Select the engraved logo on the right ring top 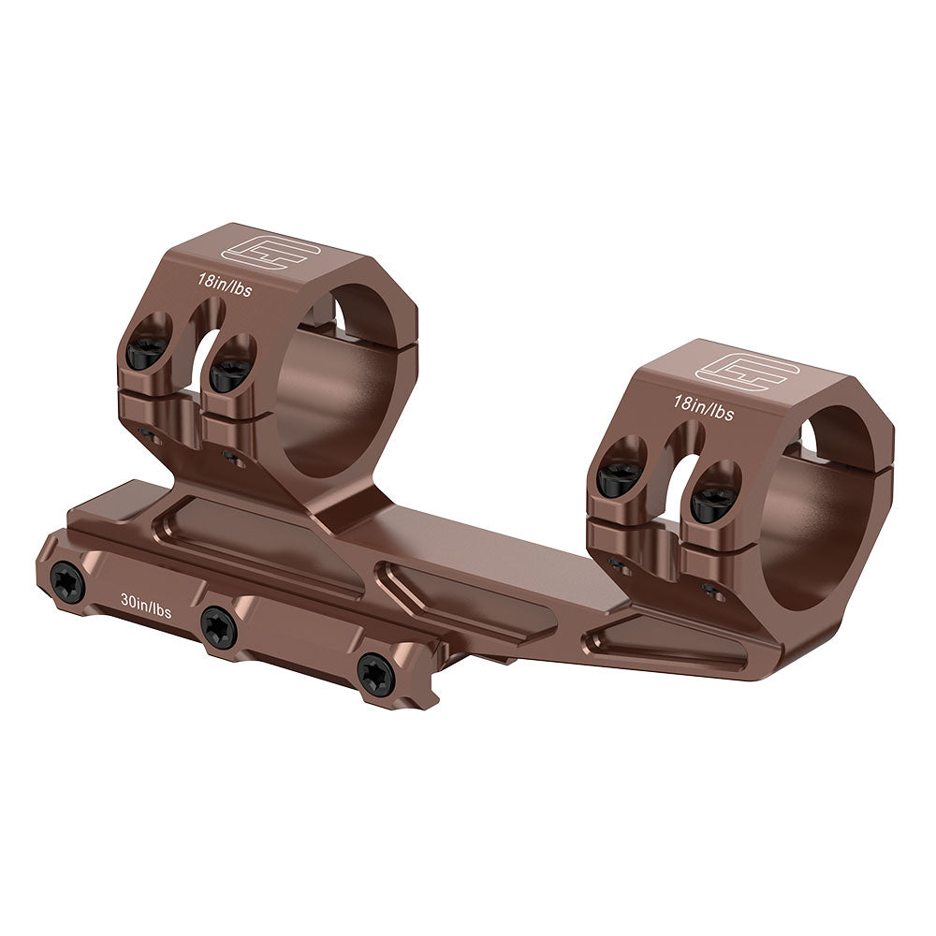[747, 372]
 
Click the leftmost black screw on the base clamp [68, 582]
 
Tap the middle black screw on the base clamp [218, 625]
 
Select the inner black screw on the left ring [229, 374]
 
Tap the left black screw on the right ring [619, 478]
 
